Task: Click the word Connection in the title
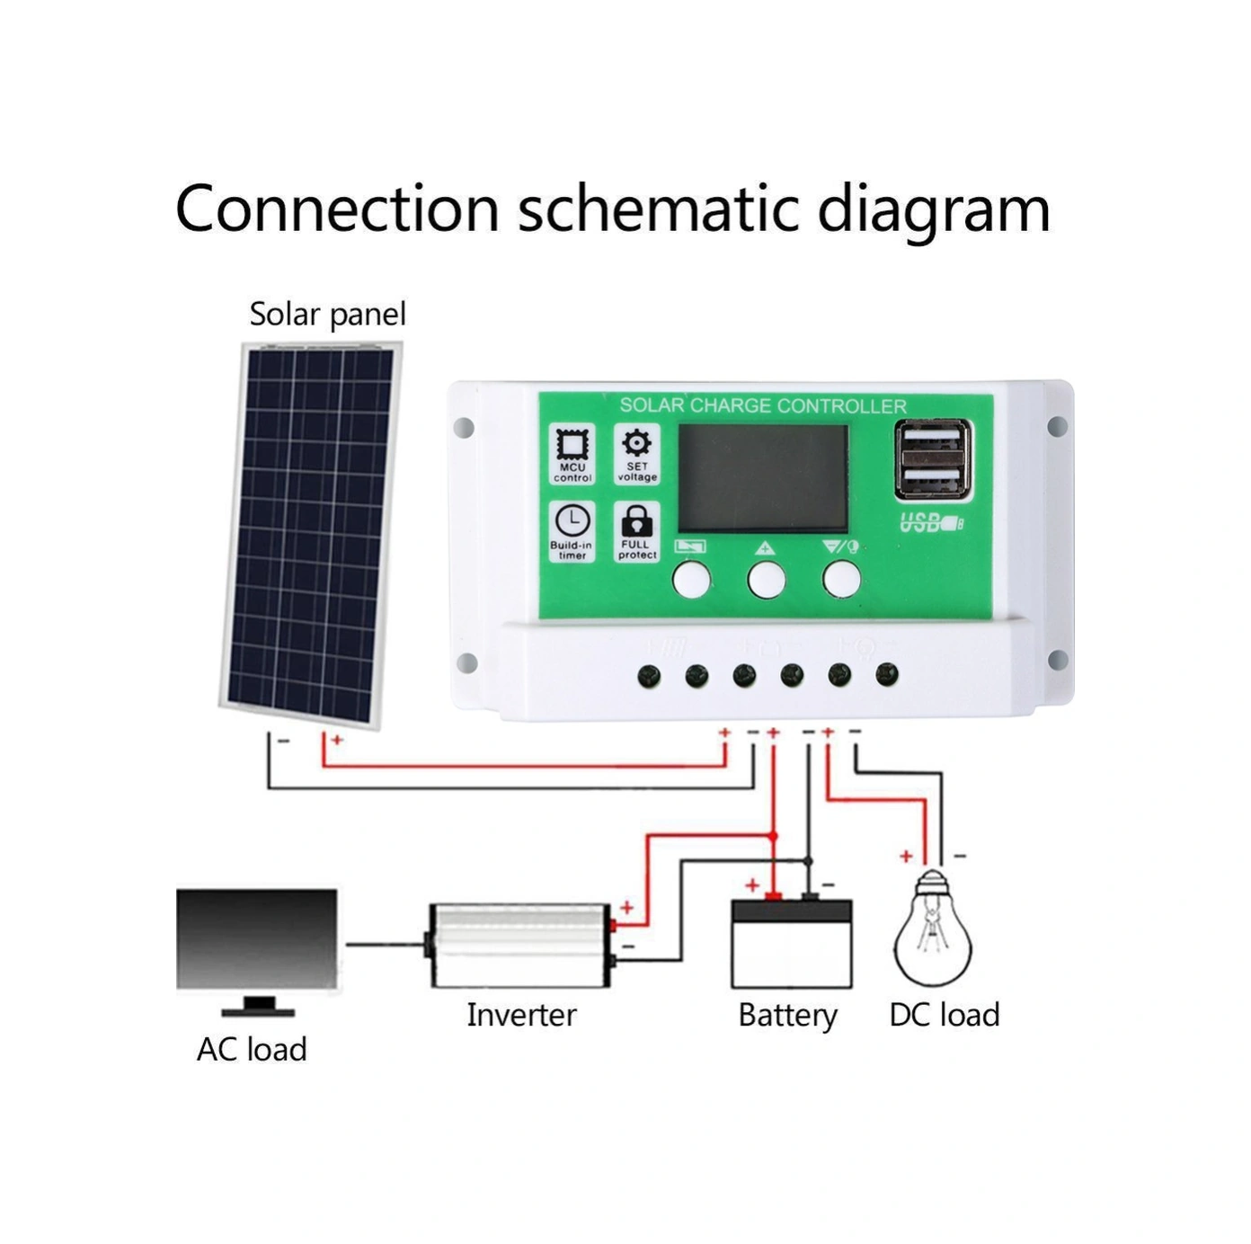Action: click(337, 209)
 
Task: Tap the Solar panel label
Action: click(327, 315)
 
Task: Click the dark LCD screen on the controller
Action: click(762, 478)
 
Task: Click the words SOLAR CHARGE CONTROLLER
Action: click(763, 406)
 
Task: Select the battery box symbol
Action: click(791, 944)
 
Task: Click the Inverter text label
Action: click(521, 1015)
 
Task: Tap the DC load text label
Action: click(944, 1015)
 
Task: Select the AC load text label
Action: click(252, 1049)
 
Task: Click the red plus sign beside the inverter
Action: click(627, 908)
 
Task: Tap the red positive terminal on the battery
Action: click(773, 895)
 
